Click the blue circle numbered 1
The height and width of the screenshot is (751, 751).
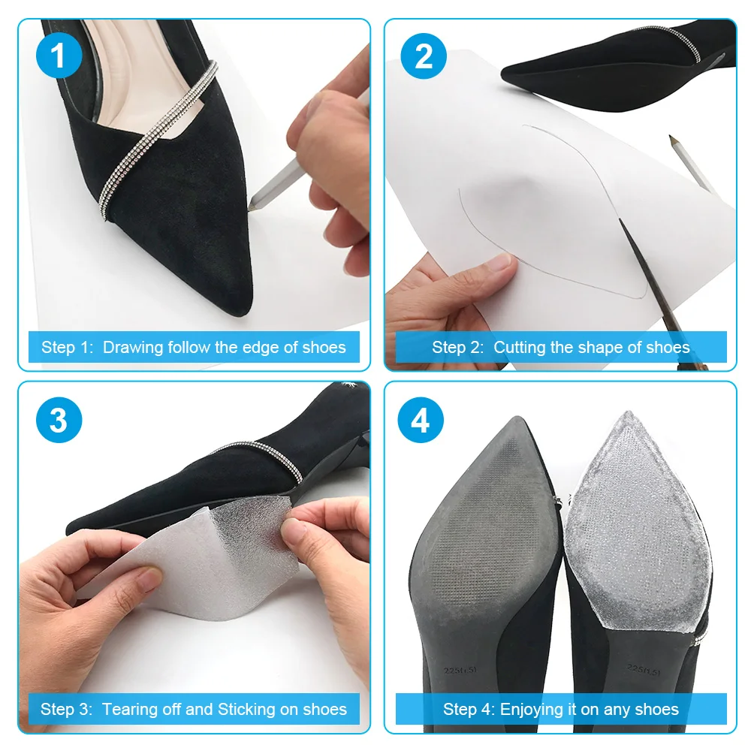[x=58, y=56]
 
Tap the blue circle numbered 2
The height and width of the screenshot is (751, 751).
[x=424, y=56]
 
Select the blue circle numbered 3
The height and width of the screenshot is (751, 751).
[x=58, y=421]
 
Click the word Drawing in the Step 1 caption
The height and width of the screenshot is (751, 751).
[x=132, y=347]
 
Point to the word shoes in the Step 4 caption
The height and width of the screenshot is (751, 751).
[x=657, y=709]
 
